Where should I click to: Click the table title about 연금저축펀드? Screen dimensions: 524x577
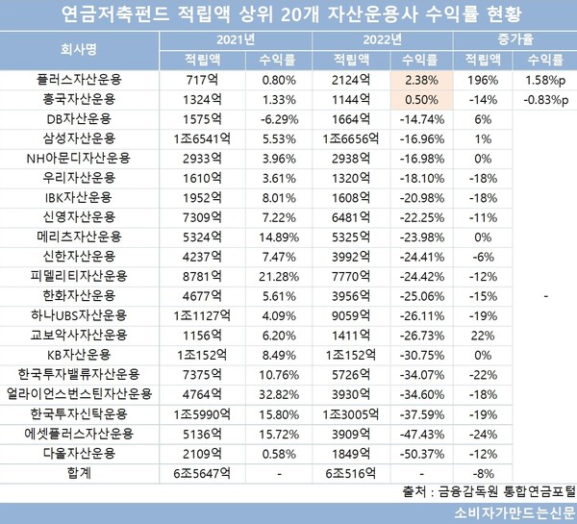(288, 16)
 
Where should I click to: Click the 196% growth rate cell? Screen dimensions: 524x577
(478, 80)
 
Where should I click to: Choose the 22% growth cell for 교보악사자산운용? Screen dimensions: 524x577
(478, 335)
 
